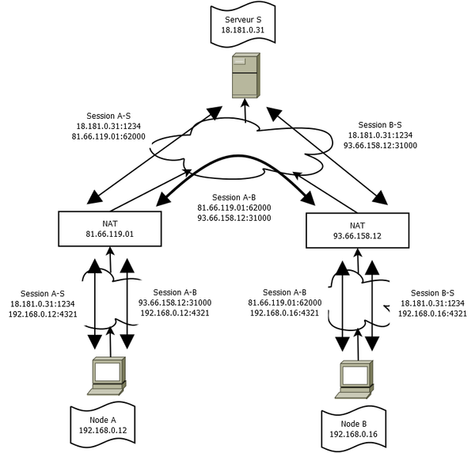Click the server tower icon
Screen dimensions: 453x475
pyautogui.click(x=245, y=76)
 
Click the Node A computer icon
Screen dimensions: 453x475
pyautogui.click(x=107, y=375)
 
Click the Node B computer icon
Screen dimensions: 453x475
pyautogui.click(x=355, y=379)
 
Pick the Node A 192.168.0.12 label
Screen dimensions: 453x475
pyautogui.click(x=102, y=424)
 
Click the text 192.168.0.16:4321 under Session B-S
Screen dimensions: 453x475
pyautogui.click(x=433, y=314)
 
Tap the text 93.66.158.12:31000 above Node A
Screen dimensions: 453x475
pyautogui.click(x=175, y=303)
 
